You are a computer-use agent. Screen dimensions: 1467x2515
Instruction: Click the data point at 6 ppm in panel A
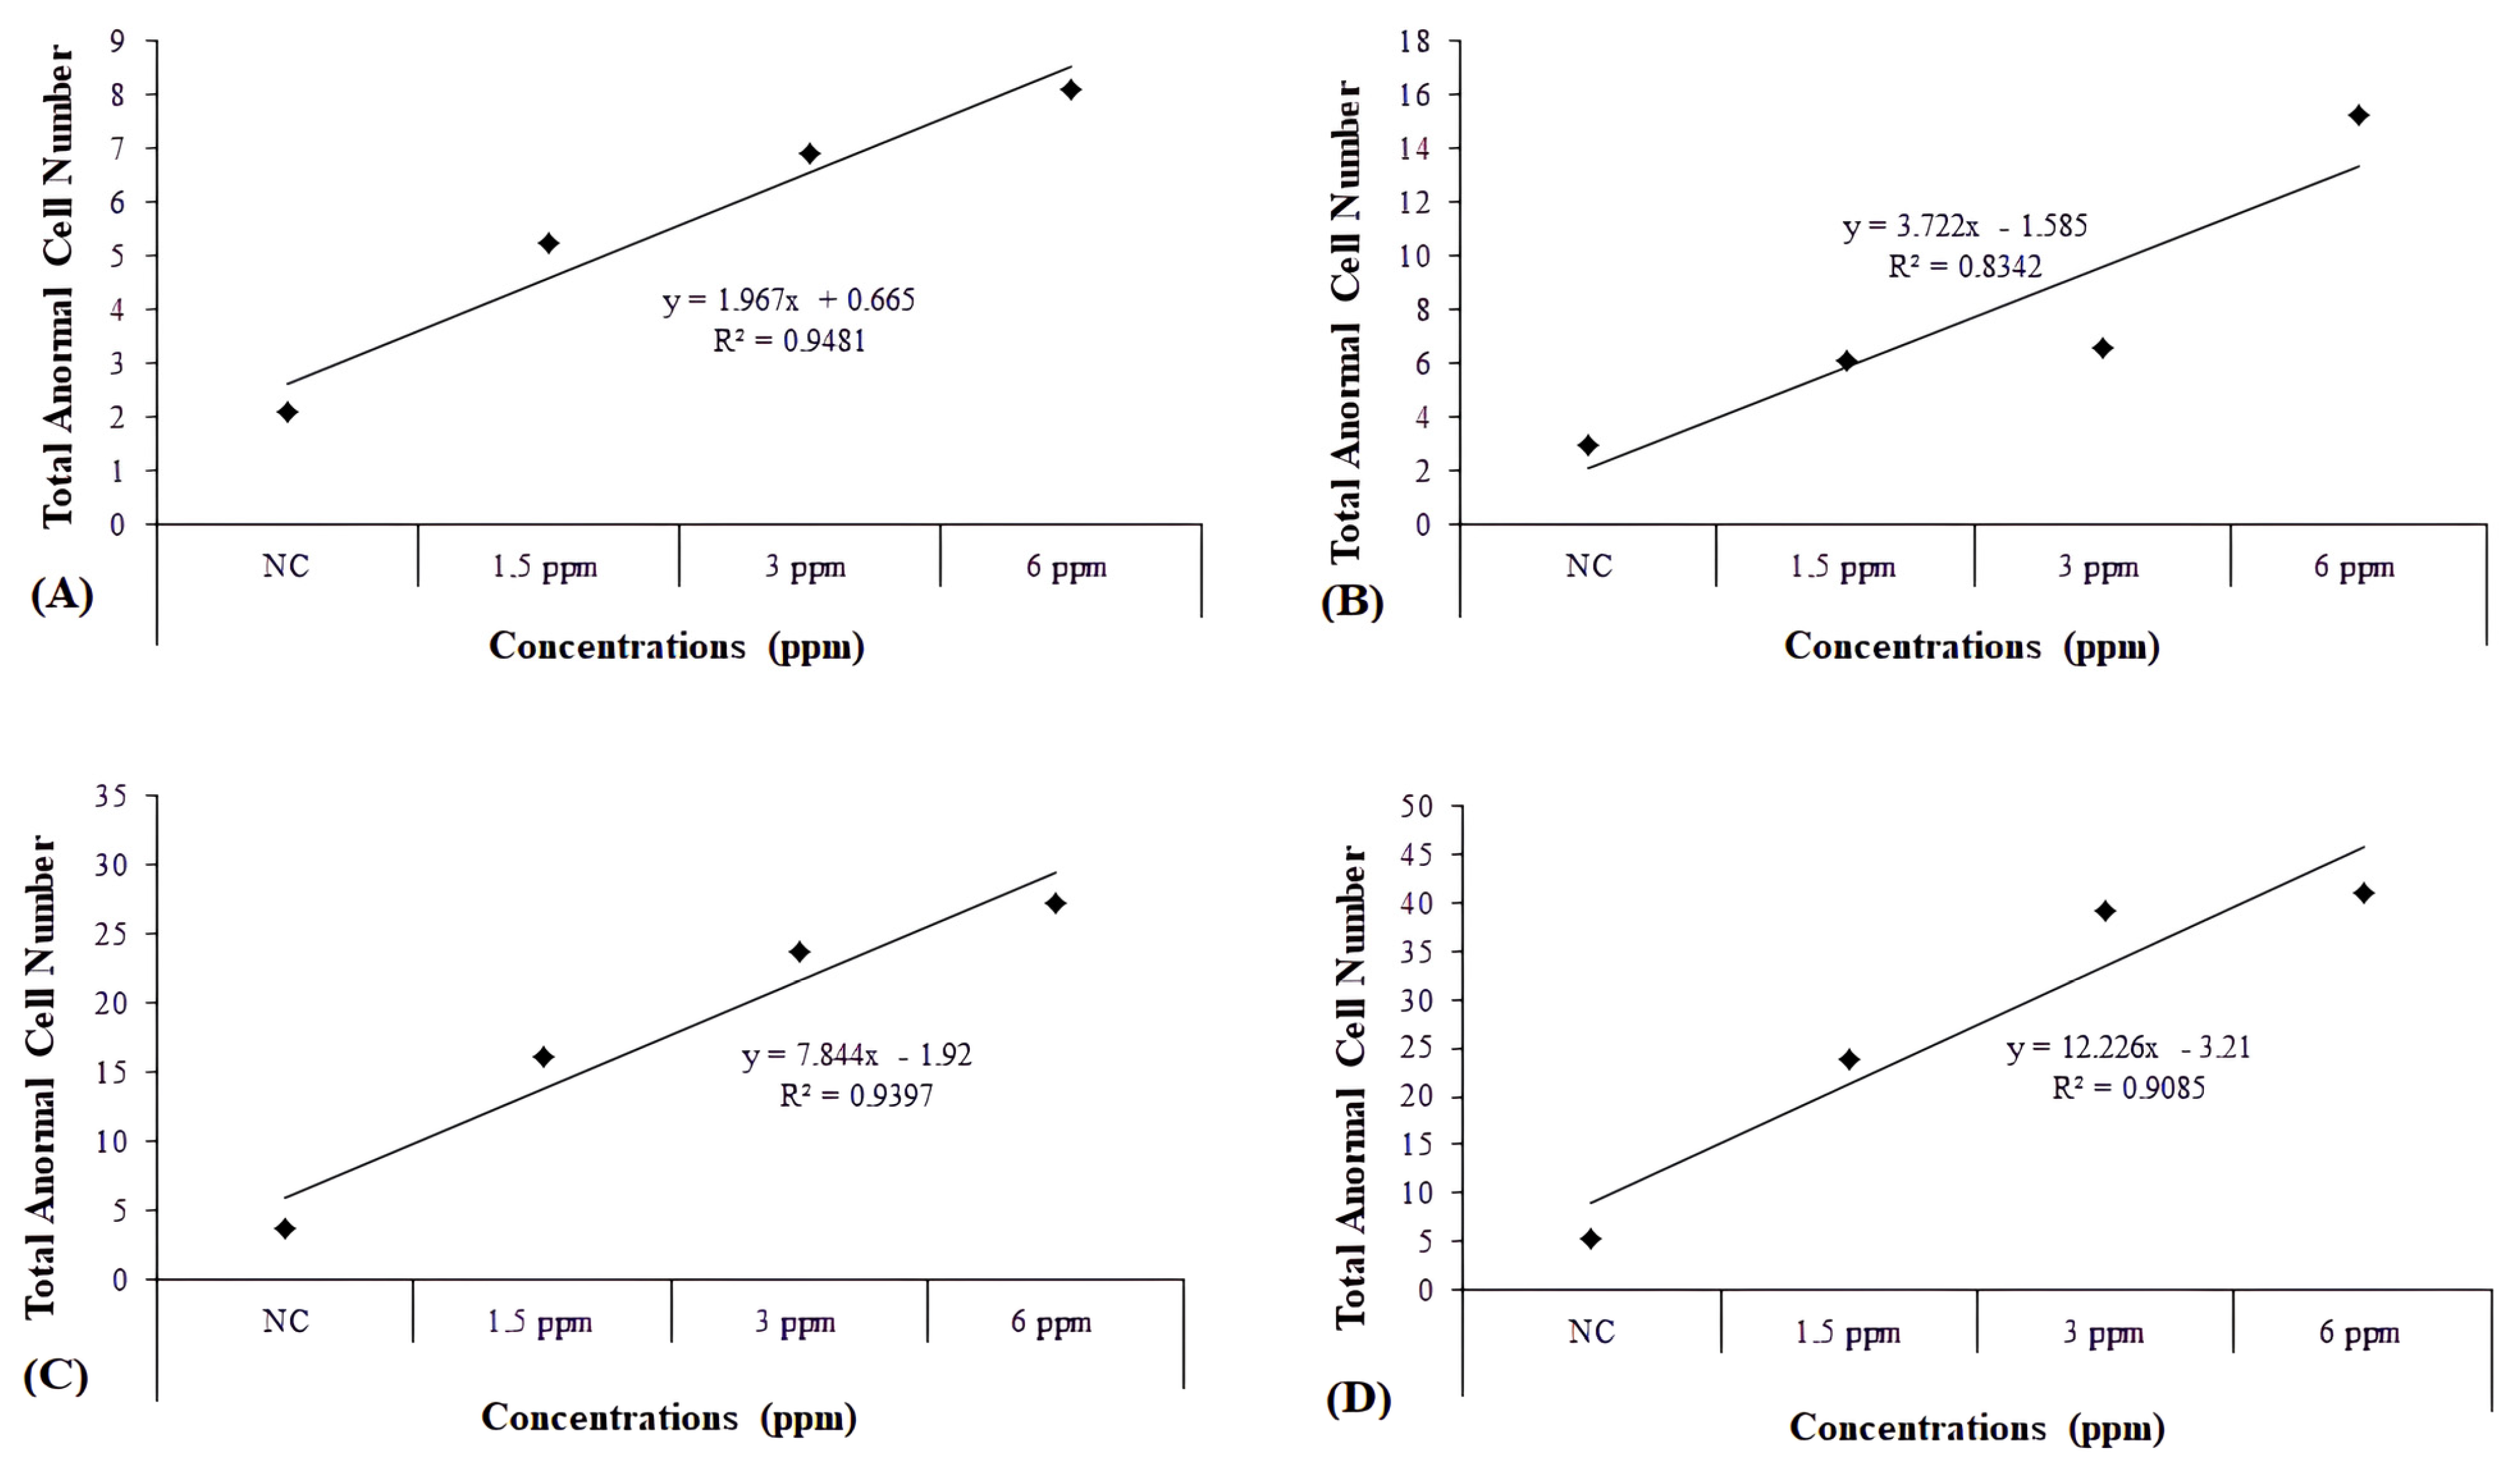click(1071, 90)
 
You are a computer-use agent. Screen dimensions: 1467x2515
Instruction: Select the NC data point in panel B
click(1588, 445)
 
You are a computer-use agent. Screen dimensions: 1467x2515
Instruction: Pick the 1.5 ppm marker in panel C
click(543, 1057)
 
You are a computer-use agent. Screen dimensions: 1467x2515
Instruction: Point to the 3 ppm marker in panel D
click(2105, 910)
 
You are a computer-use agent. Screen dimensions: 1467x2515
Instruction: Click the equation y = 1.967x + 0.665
click(789, 300)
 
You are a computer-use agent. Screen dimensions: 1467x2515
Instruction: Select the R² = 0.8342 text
click(1964, 267)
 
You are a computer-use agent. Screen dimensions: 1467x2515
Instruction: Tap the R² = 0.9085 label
click(2128, 1088)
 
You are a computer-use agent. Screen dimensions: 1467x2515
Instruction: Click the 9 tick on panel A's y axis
click(118, 41)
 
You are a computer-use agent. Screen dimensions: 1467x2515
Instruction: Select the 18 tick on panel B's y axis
click(1415, 41)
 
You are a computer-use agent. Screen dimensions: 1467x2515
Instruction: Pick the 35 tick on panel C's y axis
click(111, 796)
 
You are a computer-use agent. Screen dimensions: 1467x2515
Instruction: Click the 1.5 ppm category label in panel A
click(544, 567)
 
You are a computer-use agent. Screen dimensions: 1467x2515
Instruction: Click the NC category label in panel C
click(286, 1321)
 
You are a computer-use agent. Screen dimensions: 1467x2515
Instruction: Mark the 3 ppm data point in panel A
click(810, 154)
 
